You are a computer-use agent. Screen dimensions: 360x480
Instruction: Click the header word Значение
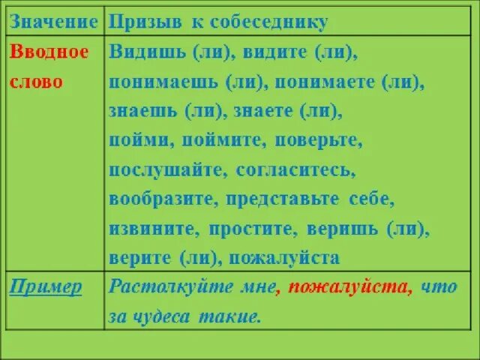52,22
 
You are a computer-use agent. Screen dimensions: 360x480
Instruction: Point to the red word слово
36,81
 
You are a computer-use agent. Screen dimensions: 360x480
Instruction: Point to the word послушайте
167,169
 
